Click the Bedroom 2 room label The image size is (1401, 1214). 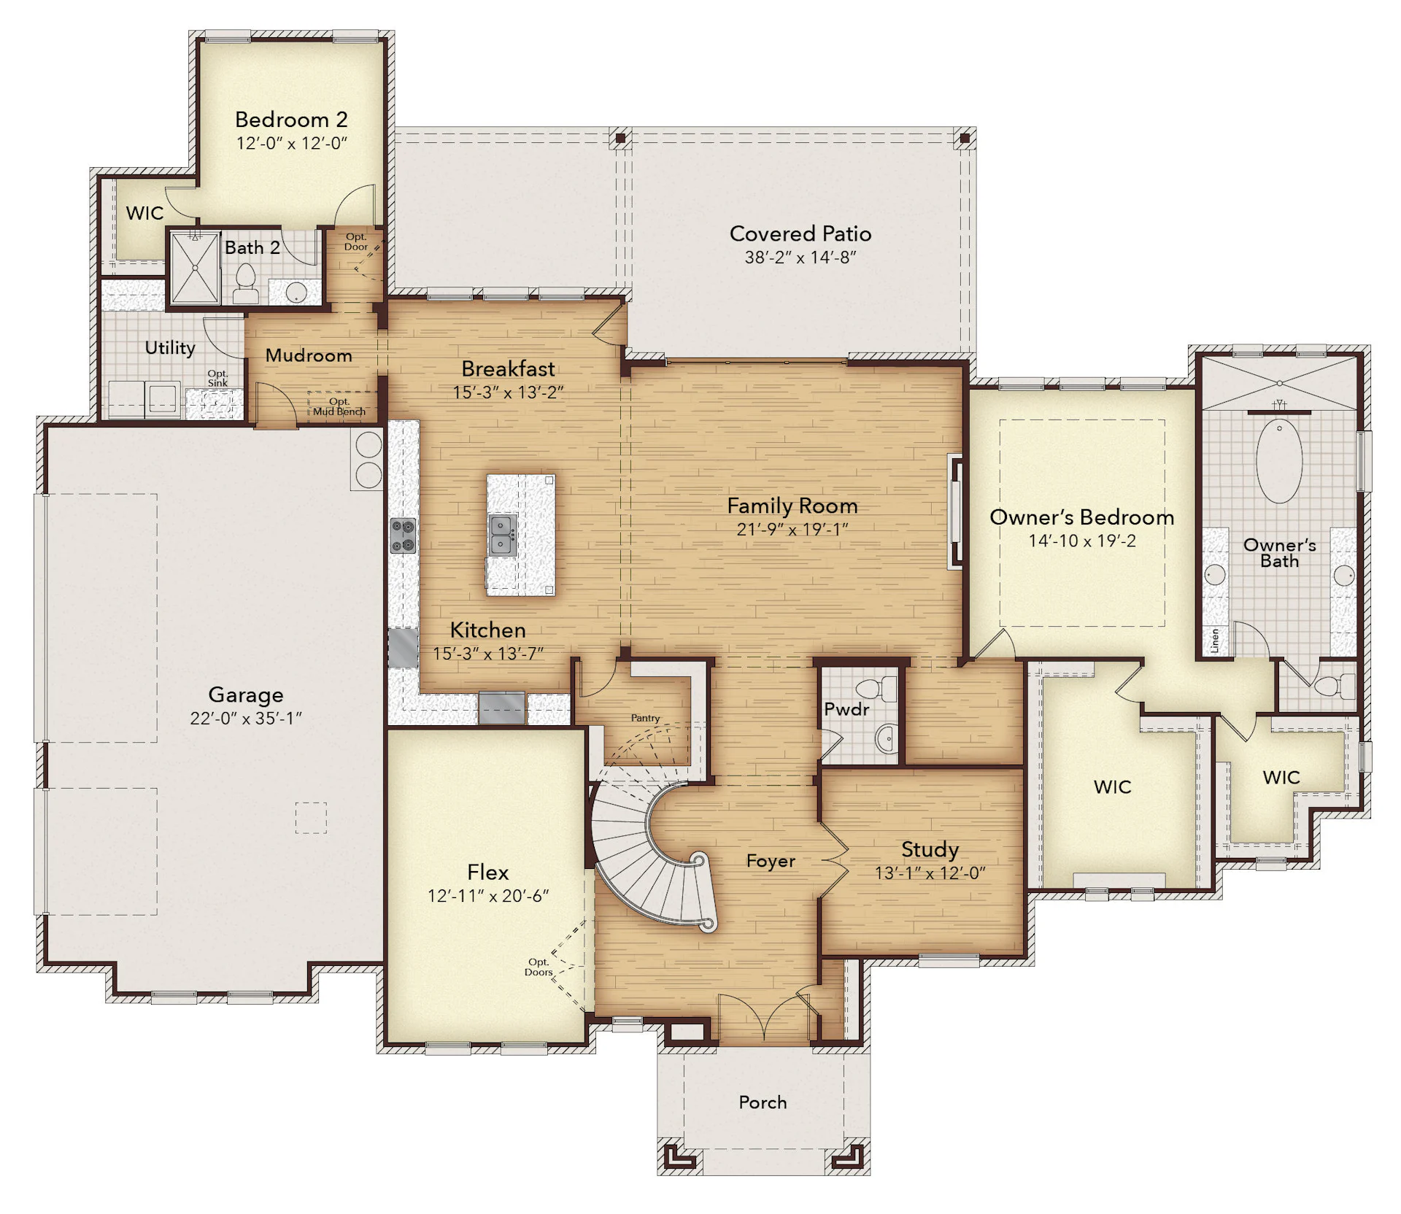(x=291, y=119)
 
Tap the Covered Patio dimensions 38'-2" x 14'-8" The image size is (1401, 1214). (x=800, y=257)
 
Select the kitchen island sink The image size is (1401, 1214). (x=503, y=535)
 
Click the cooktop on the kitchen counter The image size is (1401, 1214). (x=403, y=535)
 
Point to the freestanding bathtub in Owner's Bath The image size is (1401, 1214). (x=1279, y=460)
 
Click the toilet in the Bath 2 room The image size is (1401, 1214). (x=246, y=285)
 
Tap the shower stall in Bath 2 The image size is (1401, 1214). (x=195, y=268)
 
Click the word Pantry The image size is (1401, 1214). (x=645, y=718)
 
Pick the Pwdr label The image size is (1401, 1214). (x=846, y=709)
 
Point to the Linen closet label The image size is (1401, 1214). (x=1215, y=640)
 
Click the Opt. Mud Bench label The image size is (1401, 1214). (x=339, y=406)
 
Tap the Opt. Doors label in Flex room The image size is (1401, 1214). (x=539, y=967)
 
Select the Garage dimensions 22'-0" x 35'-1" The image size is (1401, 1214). (x=246, y=719)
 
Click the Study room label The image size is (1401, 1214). (x=930, y=849)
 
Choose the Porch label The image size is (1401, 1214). (x=763, y=1102)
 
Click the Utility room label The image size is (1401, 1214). (x=170, y=348)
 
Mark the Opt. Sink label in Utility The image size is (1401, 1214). (x=217, y=378)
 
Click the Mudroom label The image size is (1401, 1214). (x=309, y=355)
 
